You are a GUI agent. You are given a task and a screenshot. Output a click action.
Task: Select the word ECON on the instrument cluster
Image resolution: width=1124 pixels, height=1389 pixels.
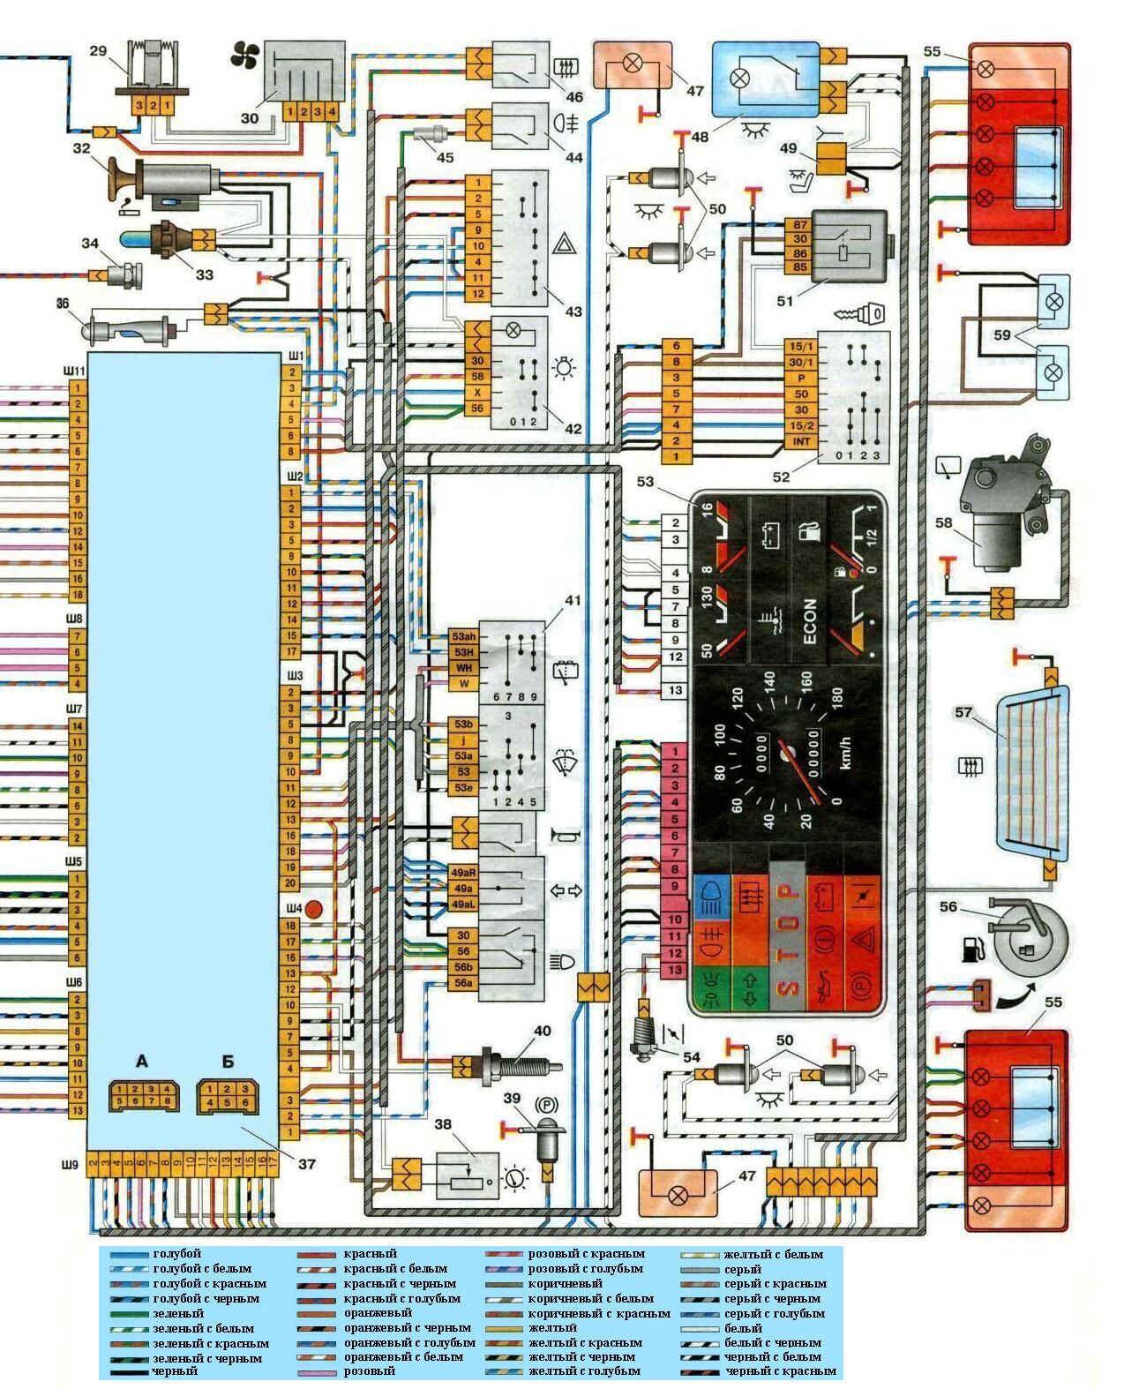click(810, 620)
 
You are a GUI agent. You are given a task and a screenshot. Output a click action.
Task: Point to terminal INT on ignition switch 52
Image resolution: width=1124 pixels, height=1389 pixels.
click(801, 440)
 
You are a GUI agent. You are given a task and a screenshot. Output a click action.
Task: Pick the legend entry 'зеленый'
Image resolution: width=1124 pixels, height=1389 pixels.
click(177, 1313)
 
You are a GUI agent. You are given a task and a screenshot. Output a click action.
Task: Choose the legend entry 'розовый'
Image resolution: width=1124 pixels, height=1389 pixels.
click(369, 1370)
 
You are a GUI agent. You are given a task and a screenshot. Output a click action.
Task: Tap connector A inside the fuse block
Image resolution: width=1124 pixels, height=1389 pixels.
click(142, 1094)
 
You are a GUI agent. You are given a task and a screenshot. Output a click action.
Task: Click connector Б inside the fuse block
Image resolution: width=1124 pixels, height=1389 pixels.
click(229, 1094)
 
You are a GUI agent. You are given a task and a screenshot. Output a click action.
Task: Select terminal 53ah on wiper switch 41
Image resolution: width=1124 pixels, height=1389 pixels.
click(462, 636)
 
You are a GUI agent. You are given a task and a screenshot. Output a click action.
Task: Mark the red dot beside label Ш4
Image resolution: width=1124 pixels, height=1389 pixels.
click(315, 908)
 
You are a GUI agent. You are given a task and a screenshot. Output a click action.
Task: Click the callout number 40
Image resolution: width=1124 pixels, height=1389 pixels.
click(541, 1031)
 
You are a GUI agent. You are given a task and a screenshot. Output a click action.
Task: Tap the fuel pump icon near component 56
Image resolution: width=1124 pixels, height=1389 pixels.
click(972, 950)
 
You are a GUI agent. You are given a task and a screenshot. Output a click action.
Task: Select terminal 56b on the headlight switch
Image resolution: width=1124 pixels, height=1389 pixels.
click(462, 967)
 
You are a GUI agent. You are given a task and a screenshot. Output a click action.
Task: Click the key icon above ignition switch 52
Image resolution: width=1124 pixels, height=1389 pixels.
click(861, 312)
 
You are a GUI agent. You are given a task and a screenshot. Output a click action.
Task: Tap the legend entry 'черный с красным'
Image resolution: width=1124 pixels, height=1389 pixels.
click(781, 1370)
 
